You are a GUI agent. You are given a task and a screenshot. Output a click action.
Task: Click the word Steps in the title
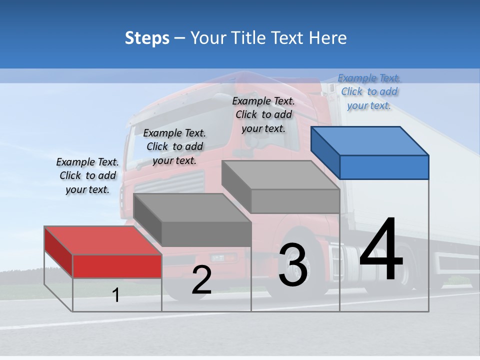pos(147,38)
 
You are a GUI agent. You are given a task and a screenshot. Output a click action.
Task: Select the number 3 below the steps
pos(293,265)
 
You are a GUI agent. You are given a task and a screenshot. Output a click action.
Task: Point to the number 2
pos(201,280)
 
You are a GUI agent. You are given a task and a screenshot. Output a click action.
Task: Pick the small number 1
pos(116,295)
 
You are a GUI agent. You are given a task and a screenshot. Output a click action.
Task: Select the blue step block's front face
pos(384,167)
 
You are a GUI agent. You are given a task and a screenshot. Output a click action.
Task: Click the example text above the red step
pos(87,175)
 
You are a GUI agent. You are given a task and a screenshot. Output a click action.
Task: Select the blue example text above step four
pos(369,91)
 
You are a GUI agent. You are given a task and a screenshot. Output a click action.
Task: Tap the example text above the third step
pos(263,114)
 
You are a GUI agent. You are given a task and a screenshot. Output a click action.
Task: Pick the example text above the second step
pos(174,146)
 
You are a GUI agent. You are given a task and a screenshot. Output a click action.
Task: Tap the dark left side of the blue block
pos(325,153)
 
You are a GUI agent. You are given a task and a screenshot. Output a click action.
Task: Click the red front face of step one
pos(117,266)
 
